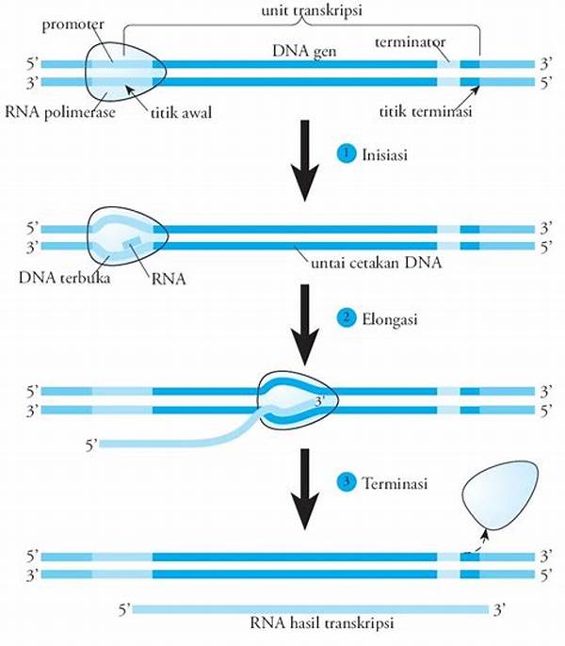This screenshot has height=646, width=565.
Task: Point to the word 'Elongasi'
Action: (387, 319)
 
